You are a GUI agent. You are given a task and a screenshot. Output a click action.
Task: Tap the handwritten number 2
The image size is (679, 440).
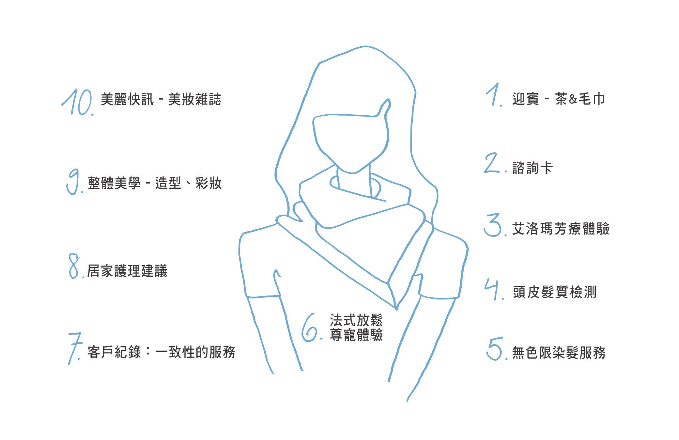(491, 163)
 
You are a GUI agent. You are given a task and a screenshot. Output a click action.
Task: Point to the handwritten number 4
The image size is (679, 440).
(492, 288)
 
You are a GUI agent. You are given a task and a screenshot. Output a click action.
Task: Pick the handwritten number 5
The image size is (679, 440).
(494, 349)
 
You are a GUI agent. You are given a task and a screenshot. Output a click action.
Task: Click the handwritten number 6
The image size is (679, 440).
(309, 328)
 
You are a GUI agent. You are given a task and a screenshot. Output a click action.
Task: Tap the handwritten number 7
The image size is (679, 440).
(74, 348)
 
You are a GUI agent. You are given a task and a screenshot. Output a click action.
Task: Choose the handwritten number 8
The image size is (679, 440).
(74, 266)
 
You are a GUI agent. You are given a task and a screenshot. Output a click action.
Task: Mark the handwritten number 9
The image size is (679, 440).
(72, 181)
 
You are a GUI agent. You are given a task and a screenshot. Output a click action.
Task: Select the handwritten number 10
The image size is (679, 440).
(77, 102)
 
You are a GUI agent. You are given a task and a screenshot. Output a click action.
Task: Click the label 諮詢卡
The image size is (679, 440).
(532, 168)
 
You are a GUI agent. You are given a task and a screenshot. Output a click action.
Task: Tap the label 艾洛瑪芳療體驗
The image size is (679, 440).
(561, 229)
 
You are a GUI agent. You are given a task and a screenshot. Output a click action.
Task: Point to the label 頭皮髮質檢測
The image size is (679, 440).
(554, 292)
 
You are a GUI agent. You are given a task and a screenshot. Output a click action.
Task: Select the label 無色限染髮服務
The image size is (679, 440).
(559, 353)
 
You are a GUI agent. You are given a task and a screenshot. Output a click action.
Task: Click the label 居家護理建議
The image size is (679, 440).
(127, 271)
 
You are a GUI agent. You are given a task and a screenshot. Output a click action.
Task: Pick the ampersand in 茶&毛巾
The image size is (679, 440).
(573, 99)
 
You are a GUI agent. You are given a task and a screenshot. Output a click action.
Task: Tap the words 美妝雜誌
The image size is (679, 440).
(195, 99)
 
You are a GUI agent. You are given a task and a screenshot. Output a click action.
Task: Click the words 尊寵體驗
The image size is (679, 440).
(356, 335)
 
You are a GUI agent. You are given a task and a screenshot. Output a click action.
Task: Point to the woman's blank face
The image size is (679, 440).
(351, 140)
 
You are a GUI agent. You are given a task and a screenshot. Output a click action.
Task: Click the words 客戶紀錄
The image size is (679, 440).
(114, 352)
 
